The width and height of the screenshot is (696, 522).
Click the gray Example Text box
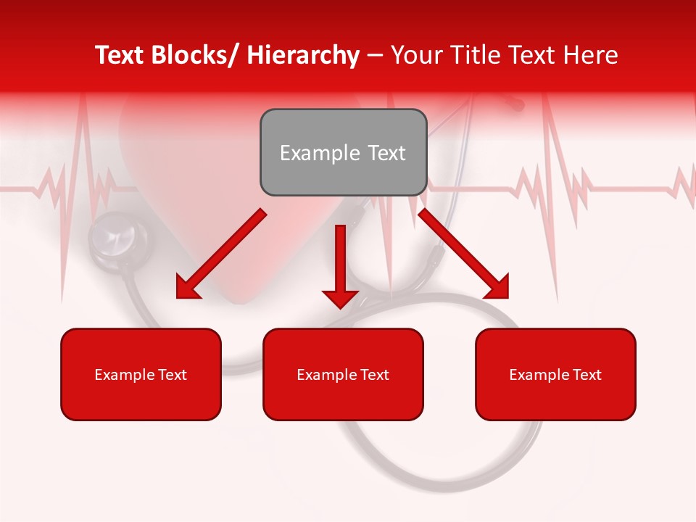[343, 152]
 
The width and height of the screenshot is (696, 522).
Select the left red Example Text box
[141, 374]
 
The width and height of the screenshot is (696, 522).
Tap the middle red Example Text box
[343, 374]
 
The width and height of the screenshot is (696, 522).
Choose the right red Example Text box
[555, 374]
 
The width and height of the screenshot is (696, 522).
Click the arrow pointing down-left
[220, 254]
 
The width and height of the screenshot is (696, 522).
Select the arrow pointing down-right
[464, 254]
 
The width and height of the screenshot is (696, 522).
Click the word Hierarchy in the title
[303, 55]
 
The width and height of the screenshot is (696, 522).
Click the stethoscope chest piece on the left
[119, 240]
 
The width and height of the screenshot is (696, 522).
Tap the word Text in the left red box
[173, 375]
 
